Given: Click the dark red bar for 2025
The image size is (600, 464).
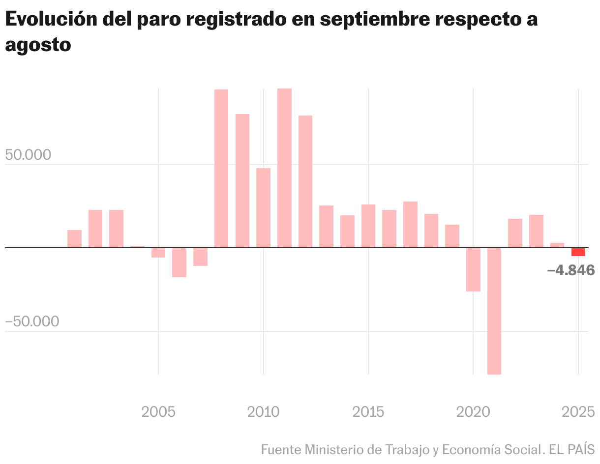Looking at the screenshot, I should coord(578,252).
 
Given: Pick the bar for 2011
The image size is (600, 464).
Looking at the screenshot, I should coord(284,168).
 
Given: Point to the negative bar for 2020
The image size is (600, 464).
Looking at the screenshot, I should coord(473,269).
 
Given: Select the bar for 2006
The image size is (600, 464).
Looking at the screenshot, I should coord(179,262).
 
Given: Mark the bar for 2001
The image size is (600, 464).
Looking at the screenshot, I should coord(74,238).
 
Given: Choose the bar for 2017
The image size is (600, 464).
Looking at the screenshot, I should coord(410,224).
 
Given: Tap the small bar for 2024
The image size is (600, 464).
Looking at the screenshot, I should coord(557,245).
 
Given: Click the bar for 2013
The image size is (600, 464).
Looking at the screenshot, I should coord(326,226).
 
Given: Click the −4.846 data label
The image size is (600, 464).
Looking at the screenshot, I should coord(570,270).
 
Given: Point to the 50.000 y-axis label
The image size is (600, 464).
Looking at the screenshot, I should coord(28,155).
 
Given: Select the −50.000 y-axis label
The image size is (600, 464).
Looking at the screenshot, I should coord(32,321).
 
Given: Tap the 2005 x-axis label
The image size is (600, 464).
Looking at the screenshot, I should coord(158,411).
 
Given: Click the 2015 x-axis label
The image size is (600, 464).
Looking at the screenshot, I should coord(368,411).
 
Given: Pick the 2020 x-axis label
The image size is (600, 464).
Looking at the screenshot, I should coord(473,411).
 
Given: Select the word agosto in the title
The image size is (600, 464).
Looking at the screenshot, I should coord(38,45).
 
